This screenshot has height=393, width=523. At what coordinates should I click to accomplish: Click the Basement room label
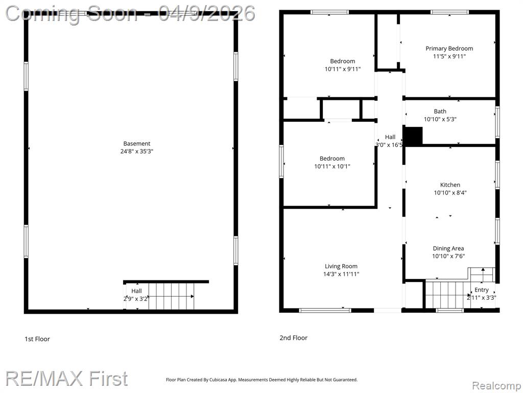(137, 144)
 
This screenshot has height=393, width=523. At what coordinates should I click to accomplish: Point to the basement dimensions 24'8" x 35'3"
(137, 151)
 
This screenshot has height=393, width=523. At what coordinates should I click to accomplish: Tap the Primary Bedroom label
(449, 49)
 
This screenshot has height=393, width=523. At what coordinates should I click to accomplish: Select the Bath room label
(440, 111)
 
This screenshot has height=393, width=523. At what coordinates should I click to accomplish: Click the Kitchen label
(450, 185)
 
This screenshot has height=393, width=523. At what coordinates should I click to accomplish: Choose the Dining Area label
(448, 249)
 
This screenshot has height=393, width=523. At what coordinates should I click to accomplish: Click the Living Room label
(341, 266)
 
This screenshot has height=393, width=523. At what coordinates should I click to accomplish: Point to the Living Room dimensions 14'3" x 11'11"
(341, 274)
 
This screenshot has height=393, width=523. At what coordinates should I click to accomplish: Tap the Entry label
(481, 290)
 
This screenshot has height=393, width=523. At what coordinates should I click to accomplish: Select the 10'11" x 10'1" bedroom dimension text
(332, 166)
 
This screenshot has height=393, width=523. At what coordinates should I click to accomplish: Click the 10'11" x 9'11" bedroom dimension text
(343, 69)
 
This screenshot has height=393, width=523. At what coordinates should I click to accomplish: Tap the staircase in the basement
(171, 296)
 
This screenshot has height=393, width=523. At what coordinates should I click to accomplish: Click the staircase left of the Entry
(447, 295)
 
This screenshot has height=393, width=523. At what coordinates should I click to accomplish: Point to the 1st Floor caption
(37, 339)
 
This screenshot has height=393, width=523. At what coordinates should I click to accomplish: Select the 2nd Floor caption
(294, 338)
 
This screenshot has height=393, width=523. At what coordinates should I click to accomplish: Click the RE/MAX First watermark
(66, 379)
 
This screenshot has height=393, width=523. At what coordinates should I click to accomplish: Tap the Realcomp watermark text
(496, 386)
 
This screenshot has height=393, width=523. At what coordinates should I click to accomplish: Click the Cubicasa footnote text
(262, 380)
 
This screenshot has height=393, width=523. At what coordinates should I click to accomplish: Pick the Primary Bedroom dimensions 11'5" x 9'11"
(449, 56)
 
